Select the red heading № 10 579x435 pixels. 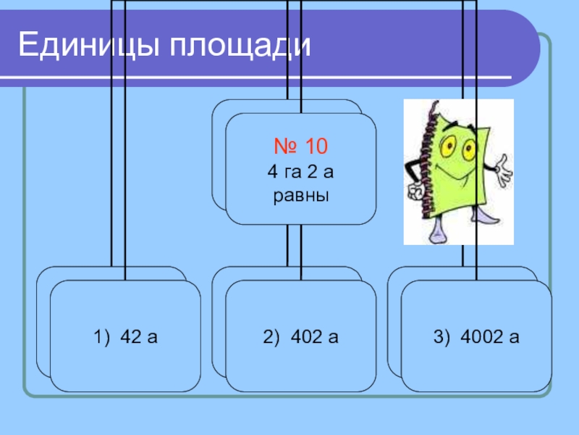(300, 147)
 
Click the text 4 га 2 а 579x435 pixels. (300, 173)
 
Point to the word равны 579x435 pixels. (300, 196)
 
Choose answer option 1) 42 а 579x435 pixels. (125, 336)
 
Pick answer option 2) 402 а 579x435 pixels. (301, 336)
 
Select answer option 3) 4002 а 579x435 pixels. (476, 336)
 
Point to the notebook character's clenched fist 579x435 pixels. (415, 192)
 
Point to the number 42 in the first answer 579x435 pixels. (131, 336)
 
